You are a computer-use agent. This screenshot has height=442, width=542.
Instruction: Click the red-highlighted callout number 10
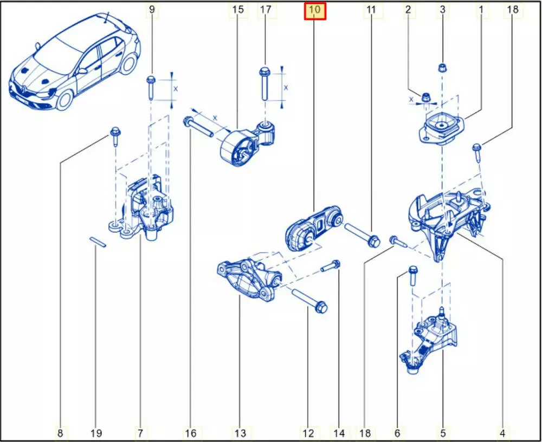click(x=315, y=10)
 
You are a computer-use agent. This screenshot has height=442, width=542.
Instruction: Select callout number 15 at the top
click(x=238, y=9)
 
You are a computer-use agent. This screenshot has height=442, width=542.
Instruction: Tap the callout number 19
click(x=96, y=433)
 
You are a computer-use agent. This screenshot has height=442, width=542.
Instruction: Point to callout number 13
click(x=240, y=433)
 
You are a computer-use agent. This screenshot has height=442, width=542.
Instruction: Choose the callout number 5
click(x=443, y=433)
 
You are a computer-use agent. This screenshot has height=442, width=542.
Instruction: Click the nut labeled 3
click(x=442, y=67)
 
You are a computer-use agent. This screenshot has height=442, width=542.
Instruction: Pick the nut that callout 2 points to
click(x=426, y=98)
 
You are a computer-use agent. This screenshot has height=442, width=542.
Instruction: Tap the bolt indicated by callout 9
click(x=151, y=87)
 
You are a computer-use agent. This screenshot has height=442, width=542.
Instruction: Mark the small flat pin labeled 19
click(x=98, y=242)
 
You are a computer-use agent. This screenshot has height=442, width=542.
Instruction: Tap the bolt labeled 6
click(x=413, y=276)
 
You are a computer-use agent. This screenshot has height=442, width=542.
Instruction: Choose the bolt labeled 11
click(x=362, y=235)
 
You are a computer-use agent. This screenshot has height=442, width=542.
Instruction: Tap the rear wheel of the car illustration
click(x=128, y=65)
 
